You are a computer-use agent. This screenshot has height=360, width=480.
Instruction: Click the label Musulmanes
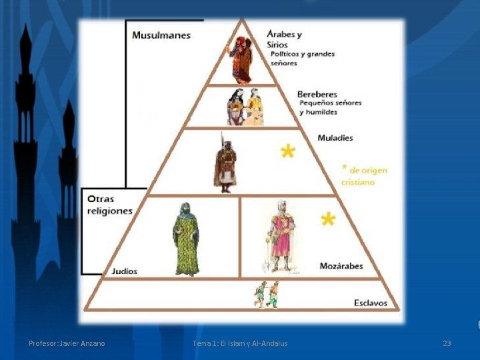(x=161, y=35)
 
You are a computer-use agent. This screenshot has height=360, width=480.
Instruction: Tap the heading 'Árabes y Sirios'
(x=284, y=39)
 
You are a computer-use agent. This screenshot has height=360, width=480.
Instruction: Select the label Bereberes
(x=317, y=95)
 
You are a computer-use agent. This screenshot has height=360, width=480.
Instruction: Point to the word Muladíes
(x=335, y=138)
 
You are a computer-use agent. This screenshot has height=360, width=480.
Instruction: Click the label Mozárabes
(x=341, y=266)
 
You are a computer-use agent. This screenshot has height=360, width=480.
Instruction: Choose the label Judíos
(x=125, y=271)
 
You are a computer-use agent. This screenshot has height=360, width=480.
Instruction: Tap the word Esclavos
(x=371, y=303)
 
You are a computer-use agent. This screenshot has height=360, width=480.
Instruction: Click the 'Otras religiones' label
(x=110, y=205)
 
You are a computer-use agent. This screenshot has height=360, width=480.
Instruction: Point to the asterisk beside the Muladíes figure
(x=287, y=153)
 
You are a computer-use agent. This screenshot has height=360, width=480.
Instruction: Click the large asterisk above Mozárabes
(x=327, y=219)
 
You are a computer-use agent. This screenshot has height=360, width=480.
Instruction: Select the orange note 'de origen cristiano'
(x=363, y=176)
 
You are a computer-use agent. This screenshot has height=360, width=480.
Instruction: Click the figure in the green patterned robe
(x=186, y=239)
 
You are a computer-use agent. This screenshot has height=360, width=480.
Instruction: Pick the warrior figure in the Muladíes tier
(x=225, y=163)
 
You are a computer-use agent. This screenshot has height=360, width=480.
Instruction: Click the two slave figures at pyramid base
(x=266, y=295)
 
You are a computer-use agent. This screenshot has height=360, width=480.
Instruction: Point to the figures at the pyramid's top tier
(x=241, y=59)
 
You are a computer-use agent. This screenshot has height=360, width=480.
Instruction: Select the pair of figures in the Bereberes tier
(x=244, y=107)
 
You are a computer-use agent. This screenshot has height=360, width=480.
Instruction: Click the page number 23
(x=447, y=343)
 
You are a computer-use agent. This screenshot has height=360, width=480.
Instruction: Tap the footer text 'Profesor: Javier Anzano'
(x=67, y=343)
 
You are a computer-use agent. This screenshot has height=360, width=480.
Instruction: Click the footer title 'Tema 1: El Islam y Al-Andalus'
(x=240, y=343)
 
